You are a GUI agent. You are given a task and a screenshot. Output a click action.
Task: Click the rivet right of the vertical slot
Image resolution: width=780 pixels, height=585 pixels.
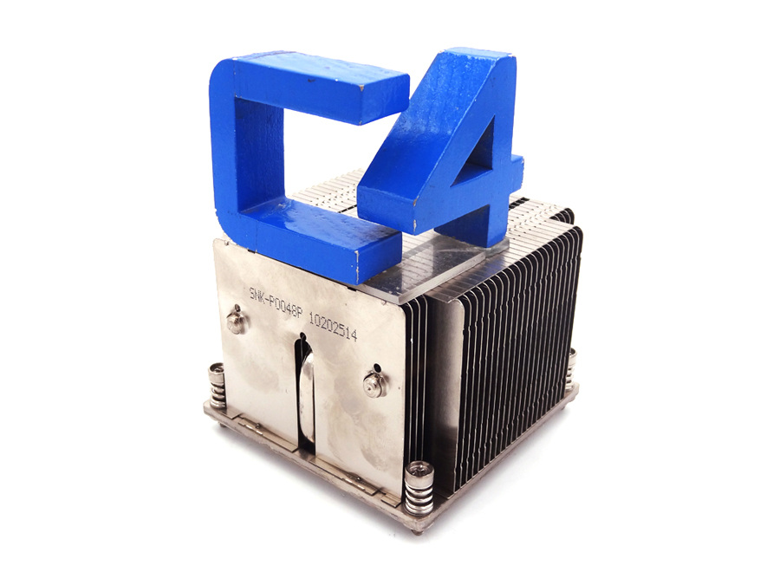click(374, 381)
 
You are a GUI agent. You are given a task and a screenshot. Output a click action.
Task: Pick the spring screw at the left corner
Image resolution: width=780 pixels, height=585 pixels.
click(216, 386)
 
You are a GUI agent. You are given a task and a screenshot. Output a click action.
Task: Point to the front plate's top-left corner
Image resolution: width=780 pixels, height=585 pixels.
click(218, 244)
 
